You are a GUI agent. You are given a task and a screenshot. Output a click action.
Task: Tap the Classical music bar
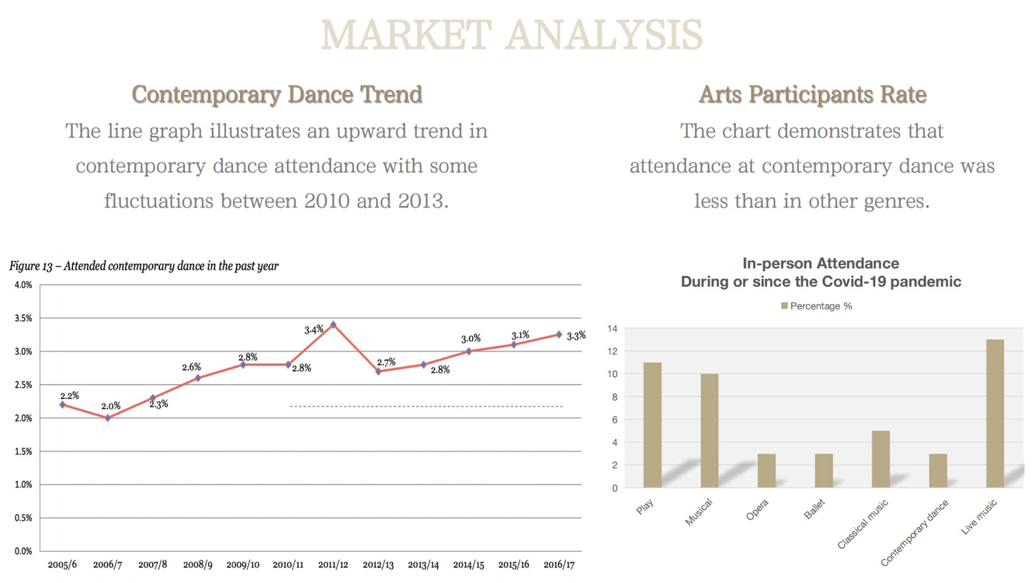880,459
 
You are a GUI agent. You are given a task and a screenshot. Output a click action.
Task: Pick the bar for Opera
766,471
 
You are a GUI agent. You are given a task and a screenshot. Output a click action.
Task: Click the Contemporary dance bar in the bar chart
938,471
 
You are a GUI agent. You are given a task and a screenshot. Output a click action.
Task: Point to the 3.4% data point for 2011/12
333,324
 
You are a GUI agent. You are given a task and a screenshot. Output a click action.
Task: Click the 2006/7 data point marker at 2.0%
108,418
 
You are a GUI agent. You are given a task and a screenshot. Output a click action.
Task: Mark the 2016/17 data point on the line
558,334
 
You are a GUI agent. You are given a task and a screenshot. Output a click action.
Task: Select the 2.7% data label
386,362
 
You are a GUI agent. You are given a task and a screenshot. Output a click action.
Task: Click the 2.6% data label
192,367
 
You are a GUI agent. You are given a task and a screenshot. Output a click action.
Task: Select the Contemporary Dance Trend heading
277,95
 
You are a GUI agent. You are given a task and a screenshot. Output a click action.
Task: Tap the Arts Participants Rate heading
812,95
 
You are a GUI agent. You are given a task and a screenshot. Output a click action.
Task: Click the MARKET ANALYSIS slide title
512,35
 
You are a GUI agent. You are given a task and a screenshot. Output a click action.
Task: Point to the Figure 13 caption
144,266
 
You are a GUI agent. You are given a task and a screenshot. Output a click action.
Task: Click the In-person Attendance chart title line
821,264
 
